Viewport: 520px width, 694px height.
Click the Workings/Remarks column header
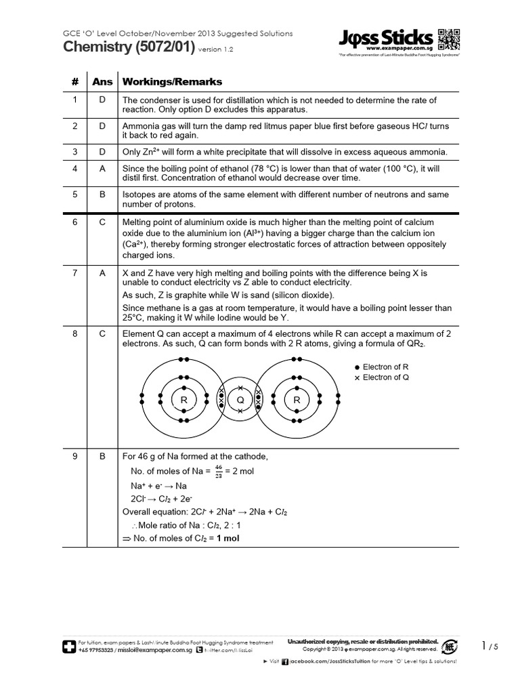click(172, 82)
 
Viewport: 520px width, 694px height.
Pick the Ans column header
click(102, 82)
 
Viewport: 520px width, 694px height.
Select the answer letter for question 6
click(102, 222)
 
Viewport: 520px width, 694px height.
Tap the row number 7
click(75, 272)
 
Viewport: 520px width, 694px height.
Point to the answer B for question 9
click(102, 456)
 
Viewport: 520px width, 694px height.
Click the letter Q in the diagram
click(240, 401)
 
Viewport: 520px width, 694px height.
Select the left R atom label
click(183, 401)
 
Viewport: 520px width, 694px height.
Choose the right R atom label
click(297, 401)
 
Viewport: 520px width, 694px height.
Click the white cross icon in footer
click(68, 646)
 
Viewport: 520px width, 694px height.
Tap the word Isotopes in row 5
click(139, 195)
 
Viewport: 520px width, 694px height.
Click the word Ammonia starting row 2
click(140, 126)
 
